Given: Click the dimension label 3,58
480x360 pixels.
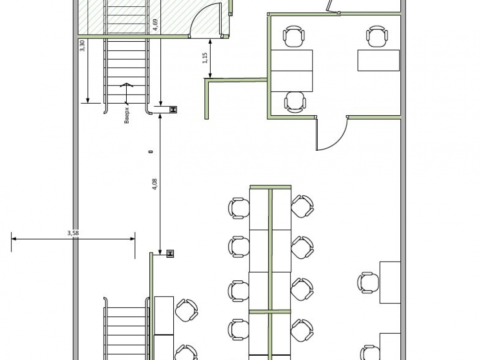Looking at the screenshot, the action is [73, 233].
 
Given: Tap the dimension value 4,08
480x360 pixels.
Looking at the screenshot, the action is [155, 184].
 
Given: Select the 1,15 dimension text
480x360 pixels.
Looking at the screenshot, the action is [205, 58].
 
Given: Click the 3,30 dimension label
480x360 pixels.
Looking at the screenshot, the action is [82, 46].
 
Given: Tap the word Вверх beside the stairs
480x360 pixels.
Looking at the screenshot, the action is [127, 115].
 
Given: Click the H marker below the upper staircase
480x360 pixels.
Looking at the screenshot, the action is [173, 109].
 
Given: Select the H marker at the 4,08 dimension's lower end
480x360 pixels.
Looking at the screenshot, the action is [170, 253].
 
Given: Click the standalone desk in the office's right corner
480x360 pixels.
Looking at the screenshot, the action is [379, 60].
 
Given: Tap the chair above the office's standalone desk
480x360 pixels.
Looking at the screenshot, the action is [377, 36].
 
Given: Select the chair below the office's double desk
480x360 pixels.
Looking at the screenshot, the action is [295, 102].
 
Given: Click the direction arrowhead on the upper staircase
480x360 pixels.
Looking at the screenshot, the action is [126, 85].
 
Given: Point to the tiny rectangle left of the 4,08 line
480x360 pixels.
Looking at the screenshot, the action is [151, 151].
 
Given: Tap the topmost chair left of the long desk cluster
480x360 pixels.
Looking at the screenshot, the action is [239, 208].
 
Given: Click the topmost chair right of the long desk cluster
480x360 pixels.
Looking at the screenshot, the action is [302, 206].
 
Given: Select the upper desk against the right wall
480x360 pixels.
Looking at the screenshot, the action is [390, 282].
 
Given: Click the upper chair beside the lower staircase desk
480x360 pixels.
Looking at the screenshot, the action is [186, 311].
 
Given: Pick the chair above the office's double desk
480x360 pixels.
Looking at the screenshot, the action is [294, 36].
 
